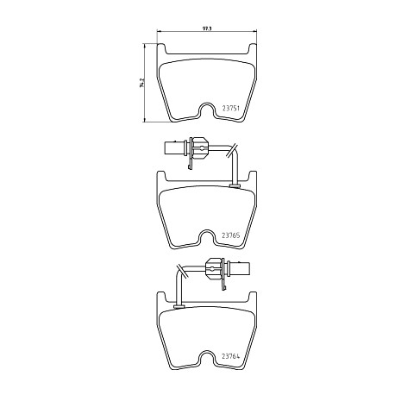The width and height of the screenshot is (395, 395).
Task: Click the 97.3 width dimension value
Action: click(x=206, y=28)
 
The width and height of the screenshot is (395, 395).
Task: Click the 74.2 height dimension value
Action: click(x=141, y=83)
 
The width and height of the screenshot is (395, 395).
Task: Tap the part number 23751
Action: click(x=230, y=109)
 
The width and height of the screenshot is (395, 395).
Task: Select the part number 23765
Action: click(x=230, y=235)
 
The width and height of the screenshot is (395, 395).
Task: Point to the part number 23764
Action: click(x=230, y=356)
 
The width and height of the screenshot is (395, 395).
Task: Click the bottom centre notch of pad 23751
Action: click(x=206, y=110)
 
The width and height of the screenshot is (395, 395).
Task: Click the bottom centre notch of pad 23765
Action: click(x=206, y=236)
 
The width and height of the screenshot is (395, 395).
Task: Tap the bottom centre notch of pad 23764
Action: click(x=206, y=357)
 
